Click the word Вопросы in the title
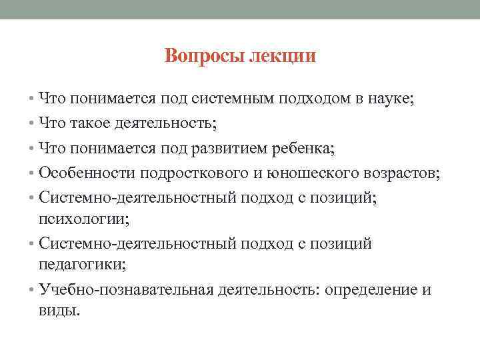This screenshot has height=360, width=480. (x=205, y=56)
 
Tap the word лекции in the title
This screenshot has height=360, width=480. (x=282, y=56)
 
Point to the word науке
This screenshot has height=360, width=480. (x=391, y=99)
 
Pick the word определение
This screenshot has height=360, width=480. (x=370, y=289)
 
